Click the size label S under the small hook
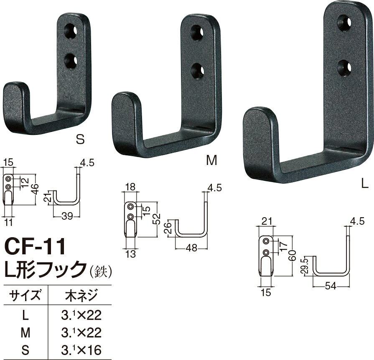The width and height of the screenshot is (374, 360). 81,139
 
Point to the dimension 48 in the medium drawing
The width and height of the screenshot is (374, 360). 193,247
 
